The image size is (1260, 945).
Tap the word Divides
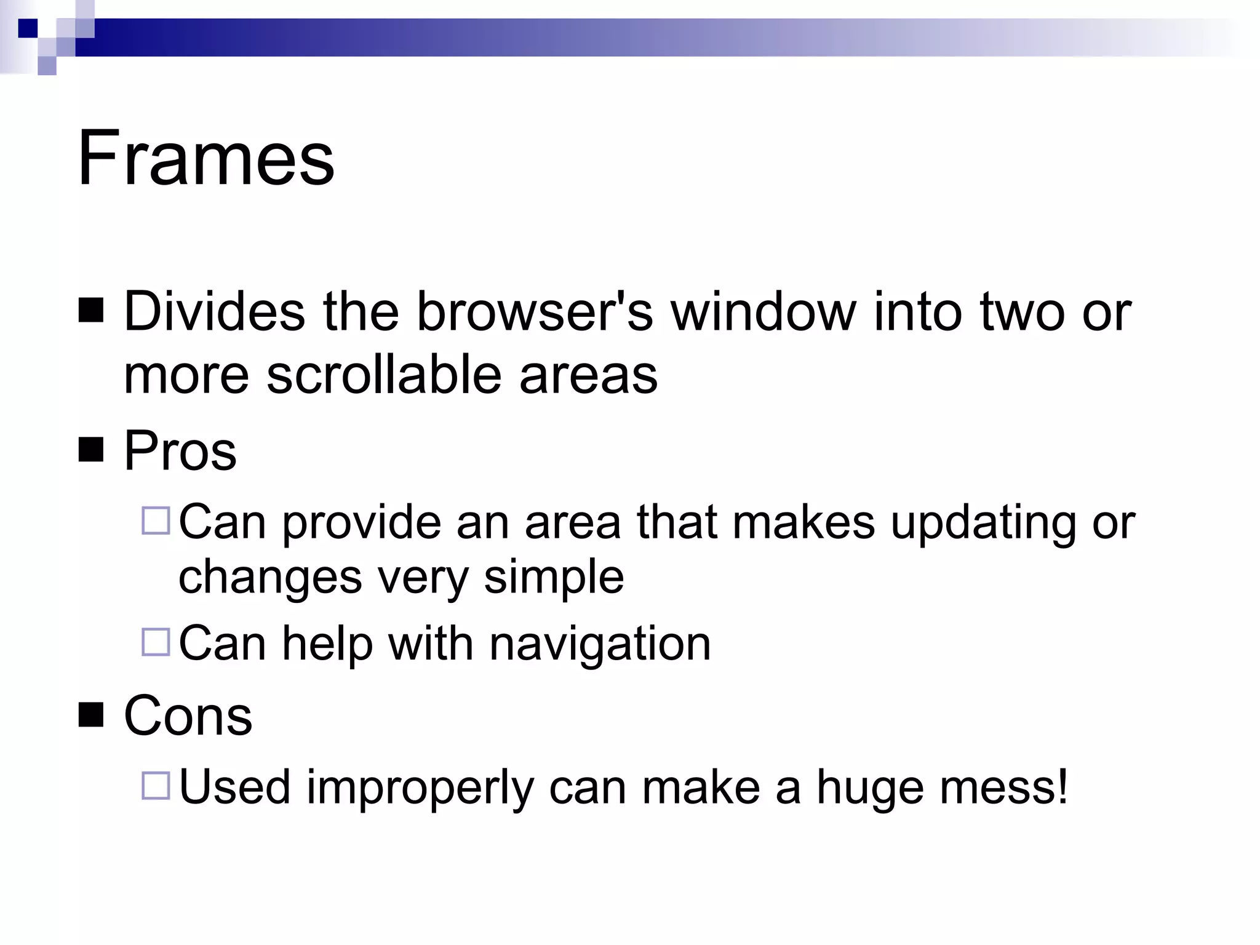click(x=214, y=311)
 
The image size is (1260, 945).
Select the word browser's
click(x=535, y=311)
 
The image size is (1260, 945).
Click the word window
click(x=764, y=311)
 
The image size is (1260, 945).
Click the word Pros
click(x=180, y=450)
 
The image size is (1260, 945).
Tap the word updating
click(x=983, y=523)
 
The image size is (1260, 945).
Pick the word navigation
click(x=600, y=644)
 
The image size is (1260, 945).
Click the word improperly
click(x=420, y=787)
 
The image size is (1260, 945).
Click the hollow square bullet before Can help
click(x=156, y=642)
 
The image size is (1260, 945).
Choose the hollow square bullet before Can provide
click(x=156, y=520)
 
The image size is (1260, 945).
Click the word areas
click(x=588, y=375)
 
